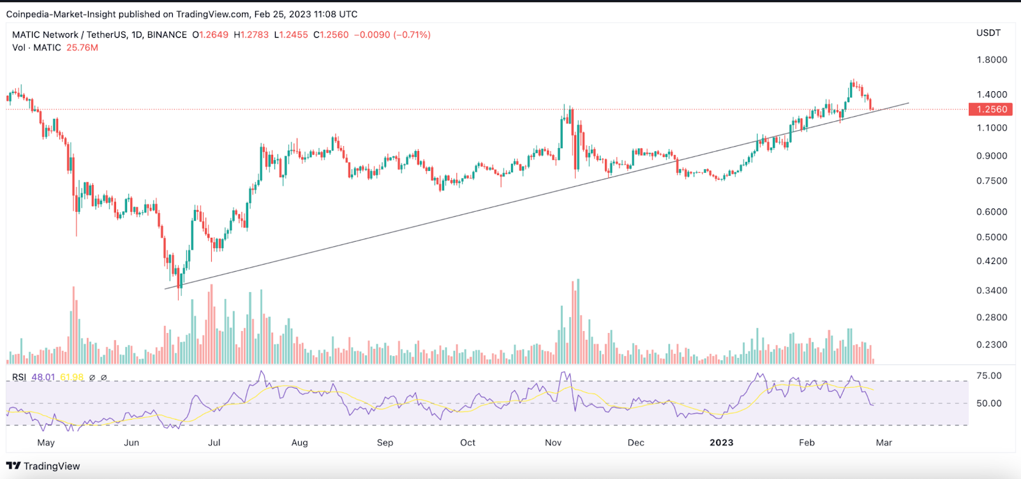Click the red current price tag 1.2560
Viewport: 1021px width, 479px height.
click(x=990, y=109)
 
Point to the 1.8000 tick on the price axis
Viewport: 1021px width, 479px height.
click(x=992, y=60)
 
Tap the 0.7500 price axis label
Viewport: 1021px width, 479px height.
click(x=992, y=181)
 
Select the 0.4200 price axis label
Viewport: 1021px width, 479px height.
click(x=992, y=261)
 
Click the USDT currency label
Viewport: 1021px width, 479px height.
click(x=988, y=33)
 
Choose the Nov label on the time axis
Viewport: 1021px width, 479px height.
click(x=553, y=443)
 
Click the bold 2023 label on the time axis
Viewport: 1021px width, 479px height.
click(x=722, y=443)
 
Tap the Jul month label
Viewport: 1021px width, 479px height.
click(x=214, y=443)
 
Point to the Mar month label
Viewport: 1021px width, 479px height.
click(x=884, y=443)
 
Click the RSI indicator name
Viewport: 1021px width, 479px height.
click(x=19, y=378)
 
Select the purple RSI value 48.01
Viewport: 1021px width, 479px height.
click(x=43, y=378)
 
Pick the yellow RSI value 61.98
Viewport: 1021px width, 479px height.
click(x=72, y=378)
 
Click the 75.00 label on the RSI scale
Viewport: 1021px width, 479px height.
click(x=989, y=376)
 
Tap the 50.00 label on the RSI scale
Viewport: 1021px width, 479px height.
click(x=989, y=403)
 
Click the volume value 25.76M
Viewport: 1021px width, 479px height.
click(x=82, y=48)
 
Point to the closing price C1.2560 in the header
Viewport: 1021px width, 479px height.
click(x=331, y=35)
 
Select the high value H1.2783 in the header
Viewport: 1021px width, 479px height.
click(x=251, y=35)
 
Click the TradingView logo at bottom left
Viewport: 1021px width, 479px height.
click(x=43, y=466)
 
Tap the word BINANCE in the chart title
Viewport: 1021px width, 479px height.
click(x=167, y=35)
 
